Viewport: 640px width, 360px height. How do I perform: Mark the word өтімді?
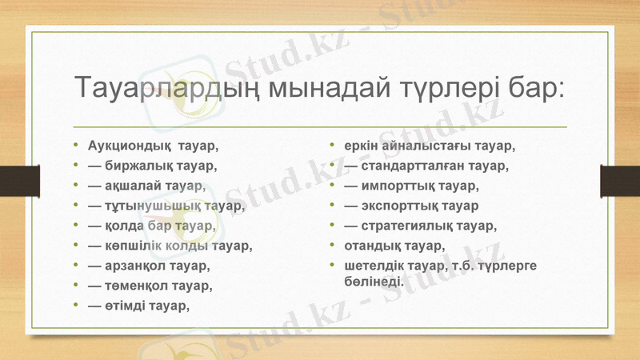(130, 304)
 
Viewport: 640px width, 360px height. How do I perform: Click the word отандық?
(374, 245)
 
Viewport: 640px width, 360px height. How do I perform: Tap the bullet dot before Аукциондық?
(75, 147)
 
